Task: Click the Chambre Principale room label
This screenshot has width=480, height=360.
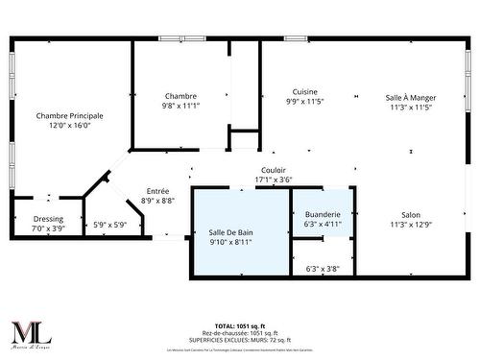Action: click(x=69, y=115)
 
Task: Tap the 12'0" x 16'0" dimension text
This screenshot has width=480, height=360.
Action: click(x=69, y=125)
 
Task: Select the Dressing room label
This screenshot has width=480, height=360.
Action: click(x=48, y=218)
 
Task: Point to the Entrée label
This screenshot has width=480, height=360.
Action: click(x=158, y=190)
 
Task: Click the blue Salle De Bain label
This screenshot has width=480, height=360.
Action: click(x=230, y=232)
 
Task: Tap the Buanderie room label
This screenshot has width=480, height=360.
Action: click(x=323, y=214)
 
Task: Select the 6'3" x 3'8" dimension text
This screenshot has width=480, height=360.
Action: click(x=323, y=269)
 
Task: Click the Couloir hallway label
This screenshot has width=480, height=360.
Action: click(x=274, y=170)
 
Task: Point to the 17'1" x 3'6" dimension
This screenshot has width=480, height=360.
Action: click(x=274, y=180)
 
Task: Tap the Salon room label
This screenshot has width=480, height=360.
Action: click(x=411, y=215)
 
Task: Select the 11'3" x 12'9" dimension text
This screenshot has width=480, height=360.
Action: click(x=411, y=225)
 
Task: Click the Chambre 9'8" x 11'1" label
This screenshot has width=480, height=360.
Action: click(x=180, y=101)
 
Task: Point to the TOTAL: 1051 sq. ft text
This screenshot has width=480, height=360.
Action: click(x=239, y=326)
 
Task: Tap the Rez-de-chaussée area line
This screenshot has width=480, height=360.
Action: click(x=239, y=333)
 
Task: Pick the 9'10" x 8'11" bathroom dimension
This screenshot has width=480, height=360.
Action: click(x=230, y=242)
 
